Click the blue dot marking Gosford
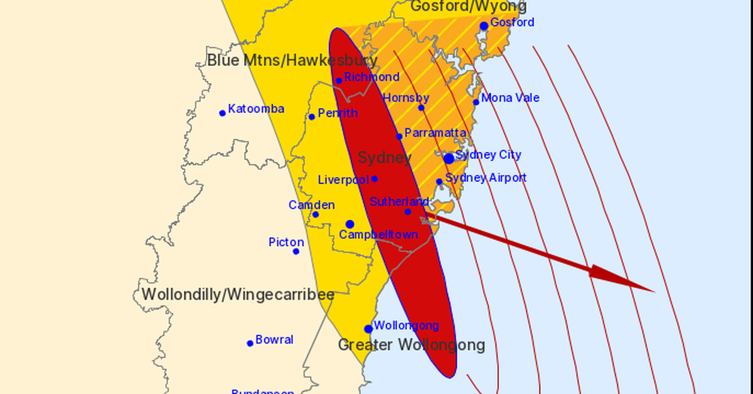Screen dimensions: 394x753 pos(484,26)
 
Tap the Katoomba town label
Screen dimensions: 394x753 pos(256,109)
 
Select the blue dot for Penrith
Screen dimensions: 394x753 pos(312,117)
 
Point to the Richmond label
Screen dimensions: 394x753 pos(371,77)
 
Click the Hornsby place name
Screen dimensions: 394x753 pos(406,98)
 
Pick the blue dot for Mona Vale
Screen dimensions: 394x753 pos(476,102)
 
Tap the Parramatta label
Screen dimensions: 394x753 pos(435,133)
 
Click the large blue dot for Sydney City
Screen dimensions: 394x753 pos(449,159)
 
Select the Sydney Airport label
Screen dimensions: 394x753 pos(486,178)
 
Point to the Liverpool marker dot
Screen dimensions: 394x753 pos(375,179)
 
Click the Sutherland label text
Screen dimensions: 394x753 pos(399,201)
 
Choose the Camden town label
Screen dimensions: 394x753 pos(311,205)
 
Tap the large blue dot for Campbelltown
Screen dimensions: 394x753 pos(350,224)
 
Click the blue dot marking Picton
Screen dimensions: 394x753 pos(296,252)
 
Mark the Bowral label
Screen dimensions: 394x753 pos(274,339)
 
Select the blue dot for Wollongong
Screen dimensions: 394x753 pos(368,329)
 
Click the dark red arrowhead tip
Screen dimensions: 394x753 pos(654,292)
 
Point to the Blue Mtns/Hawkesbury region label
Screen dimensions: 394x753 pos(292,61)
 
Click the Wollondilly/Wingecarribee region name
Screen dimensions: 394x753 pos(237,295)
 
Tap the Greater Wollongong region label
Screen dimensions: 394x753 pos(412,345)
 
